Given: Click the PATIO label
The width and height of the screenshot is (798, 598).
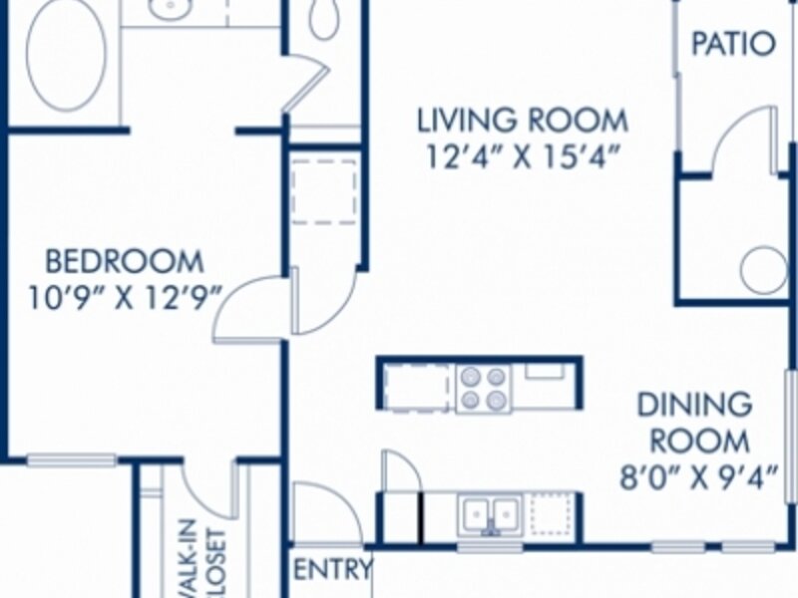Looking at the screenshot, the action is (x=733, y=44).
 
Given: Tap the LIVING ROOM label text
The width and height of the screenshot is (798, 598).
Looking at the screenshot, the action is (x=523, y=121).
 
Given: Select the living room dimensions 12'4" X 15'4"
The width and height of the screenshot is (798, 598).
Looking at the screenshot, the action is (x=523, y=156).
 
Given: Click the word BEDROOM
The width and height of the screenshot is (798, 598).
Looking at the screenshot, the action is (x=125, y=262).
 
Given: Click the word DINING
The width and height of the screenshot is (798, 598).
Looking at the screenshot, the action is (x=694, y=405).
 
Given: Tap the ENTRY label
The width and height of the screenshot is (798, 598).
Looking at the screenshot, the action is (x=333, y=569).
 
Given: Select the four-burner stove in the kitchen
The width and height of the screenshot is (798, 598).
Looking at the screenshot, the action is (x=484, y=389).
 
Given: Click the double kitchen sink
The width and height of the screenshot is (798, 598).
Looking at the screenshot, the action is (x=490, y=515).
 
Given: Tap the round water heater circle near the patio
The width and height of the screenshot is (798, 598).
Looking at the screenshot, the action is (x=762, y=269).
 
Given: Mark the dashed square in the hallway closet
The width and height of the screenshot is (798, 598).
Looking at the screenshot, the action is (x=324, y=191).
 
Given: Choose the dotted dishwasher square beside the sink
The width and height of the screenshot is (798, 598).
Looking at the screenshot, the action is (x=552, y=514).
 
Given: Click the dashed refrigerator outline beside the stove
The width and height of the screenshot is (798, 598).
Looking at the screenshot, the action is (x=417, y=388).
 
